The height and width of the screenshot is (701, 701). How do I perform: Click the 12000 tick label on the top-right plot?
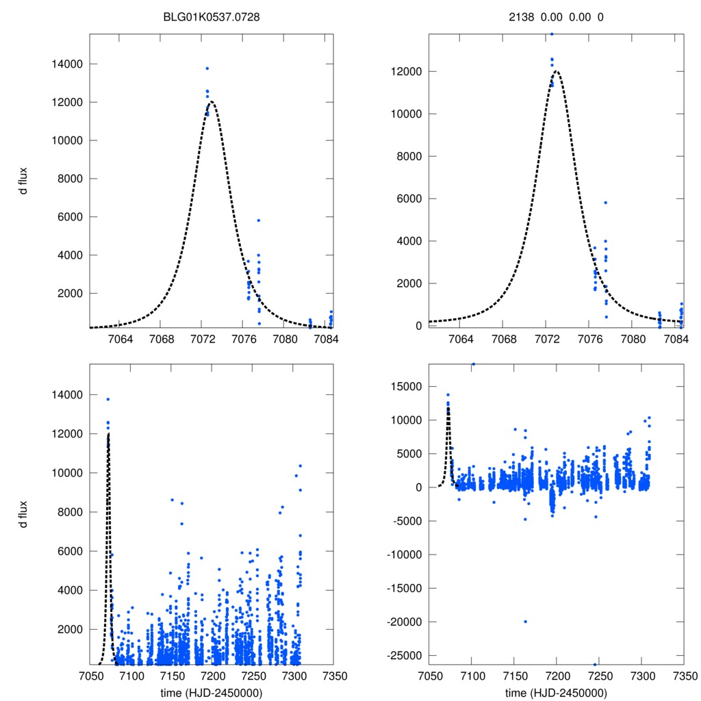click(x=404, y=72)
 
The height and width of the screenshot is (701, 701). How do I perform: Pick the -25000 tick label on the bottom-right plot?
click(x=401, y=656)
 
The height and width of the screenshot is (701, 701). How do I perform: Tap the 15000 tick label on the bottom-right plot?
click(x=404, y=387)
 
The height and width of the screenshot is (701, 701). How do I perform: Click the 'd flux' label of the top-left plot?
click(x=24, y=181)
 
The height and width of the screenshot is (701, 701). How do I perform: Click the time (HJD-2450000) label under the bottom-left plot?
click(x=212, y=693)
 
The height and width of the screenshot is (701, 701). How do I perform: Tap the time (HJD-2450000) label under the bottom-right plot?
click(x=556, y=693)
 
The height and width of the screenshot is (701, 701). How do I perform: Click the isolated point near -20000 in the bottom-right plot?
click(x=525, y=622)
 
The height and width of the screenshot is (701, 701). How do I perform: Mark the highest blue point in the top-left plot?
click(x=207, y=68)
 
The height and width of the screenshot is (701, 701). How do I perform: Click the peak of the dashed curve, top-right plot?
click(x=556, y=71)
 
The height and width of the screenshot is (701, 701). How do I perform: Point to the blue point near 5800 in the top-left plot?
click(x=258, y=220)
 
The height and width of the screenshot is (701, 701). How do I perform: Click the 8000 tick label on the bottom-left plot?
click(x=66, y=512)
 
